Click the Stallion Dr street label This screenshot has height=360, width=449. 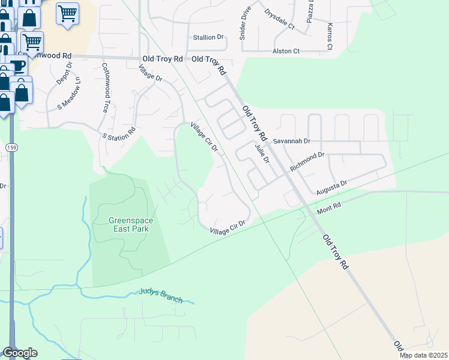point(208,37)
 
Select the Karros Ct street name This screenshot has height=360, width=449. point(330,37)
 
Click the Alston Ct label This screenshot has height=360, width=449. point(286,52)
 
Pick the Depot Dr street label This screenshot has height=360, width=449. point(64,73)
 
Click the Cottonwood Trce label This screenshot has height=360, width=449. point(105,88)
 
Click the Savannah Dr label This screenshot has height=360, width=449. point(291,141)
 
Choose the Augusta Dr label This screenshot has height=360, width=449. point(331,187)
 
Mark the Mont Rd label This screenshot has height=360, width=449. point(329,208)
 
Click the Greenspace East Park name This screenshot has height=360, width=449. point(131,225)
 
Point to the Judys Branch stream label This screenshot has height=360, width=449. point(160,295)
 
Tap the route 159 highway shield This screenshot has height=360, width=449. point(11,147)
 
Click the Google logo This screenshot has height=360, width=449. point(20,353)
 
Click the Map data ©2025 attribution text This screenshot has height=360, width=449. point(423,355)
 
